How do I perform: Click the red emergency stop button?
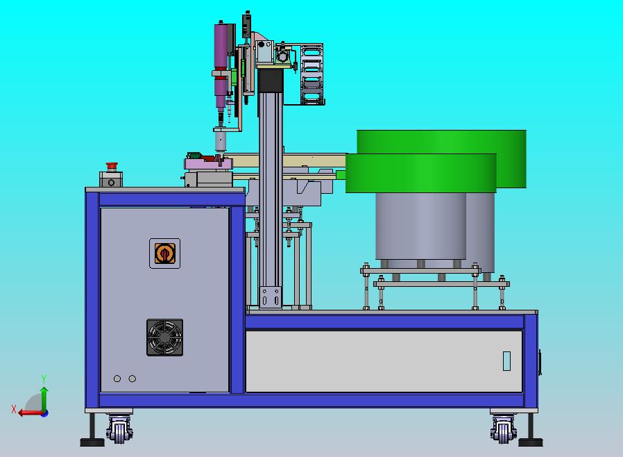coord(112,165)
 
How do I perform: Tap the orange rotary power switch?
coord(165,254)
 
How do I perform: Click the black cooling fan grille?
coord(165,338)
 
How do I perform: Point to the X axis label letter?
coord(14,409)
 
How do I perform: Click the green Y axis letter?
coord(44,379)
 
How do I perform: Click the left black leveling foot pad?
coord(92,442)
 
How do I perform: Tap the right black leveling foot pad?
coord(531,442)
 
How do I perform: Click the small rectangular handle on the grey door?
coord(506,360)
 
